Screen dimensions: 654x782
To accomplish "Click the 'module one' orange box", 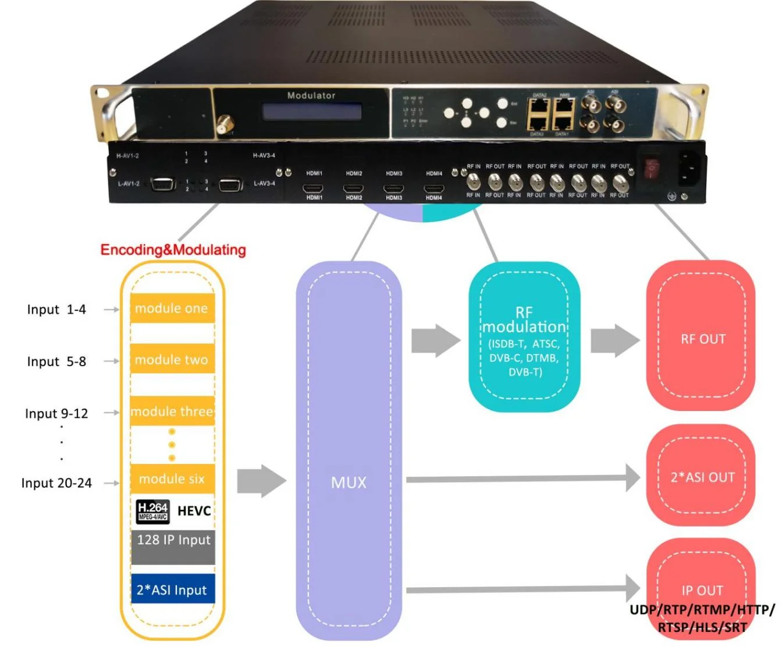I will [x=172, y=309].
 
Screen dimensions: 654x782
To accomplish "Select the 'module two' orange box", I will [x=172, y=359].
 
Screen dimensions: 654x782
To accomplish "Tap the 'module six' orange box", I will [x=172, y=479].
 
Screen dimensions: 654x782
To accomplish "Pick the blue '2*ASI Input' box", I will [x=173, y=590].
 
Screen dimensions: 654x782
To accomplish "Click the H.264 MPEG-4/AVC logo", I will [x=153, y=511].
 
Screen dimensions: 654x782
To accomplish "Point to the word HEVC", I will [x=194, y=511].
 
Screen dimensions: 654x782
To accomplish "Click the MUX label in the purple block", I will [x=349, y=483].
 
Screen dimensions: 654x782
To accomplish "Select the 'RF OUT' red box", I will [x=702, y=339].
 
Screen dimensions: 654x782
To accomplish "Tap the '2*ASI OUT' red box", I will [x=702, y=477].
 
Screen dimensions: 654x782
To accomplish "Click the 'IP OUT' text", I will [x=702, y=590].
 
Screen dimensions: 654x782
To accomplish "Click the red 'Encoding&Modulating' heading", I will [x=173, y=250].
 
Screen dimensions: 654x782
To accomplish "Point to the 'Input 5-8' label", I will [x=56, y=362].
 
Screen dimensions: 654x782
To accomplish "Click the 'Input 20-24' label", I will [x=56, y=483].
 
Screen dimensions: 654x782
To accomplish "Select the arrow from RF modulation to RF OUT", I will [x=614, y=340].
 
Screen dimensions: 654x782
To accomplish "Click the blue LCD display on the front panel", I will [x=311, y=112].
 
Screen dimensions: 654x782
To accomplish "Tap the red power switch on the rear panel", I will [x=651, y=168].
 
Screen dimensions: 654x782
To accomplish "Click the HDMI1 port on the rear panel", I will [x=314, y=188].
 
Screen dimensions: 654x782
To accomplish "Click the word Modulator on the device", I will [x=311, y=95].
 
